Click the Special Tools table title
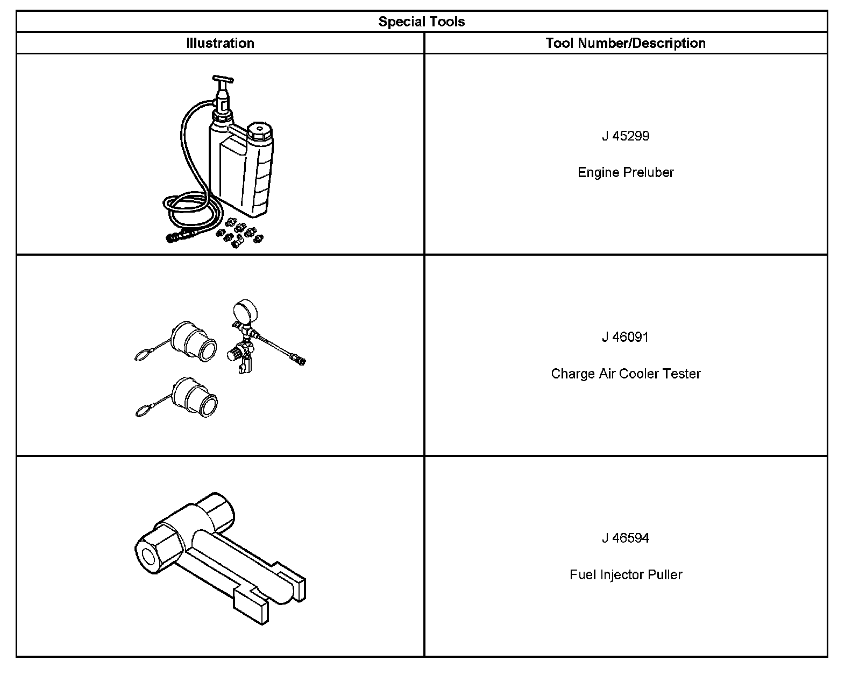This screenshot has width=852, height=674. click(421, 22)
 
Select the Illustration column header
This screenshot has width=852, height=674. click(220, 43)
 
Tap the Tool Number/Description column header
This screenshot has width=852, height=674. click(626, 43)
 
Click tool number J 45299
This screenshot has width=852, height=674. click(626, 136)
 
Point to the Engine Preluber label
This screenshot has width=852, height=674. click(626, 172)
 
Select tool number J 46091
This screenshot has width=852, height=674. click(626, 337)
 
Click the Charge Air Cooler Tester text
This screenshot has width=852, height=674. click(626, 374)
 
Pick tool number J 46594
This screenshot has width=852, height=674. click(626, 538)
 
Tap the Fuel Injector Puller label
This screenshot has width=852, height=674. click(626, 574)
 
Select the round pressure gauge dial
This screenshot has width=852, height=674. click(245, 312)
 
